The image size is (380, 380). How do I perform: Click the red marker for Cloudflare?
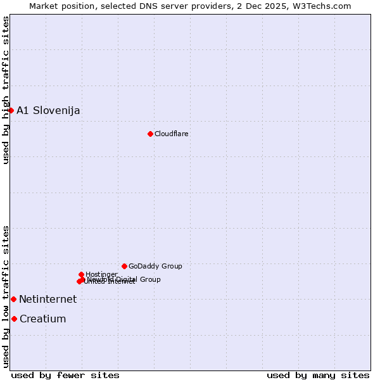click(x=150, y=134)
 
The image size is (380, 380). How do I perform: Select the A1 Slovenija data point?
click(x=11, y=110)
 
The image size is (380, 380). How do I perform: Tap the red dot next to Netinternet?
click(x=13, y=299)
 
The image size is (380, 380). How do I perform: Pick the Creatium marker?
click(x=14, y=319)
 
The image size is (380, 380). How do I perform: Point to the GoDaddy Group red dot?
click(x=124, y=266)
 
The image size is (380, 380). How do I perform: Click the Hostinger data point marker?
click(x=82, y=274)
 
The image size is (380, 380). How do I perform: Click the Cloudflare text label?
click(x=172, y=134)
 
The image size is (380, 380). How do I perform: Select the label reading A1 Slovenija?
click(x=48, y=111)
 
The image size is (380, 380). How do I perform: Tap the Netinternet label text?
click(x=47, y=300)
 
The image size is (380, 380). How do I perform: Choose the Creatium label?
click(x=43, y=319)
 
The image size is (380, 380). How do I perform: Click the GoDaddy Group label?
click(x=155, y=267)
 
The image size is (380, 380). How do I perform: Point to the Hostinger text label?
click(x=101, y=274)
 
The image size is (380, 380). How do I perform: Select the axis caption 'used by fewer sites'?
click(x=65, y=375)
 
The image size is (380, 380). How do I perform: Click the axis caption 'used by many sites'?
click(x=318, y=375)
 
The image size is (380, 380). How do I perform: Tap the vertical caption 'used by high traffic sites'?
click(x=6, y=90)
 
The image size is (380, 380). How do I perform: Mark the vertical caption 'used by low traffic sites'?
click(x=6, y=296)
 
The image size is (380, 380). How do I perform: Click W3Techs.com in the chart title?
click(x=324, y=6)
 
